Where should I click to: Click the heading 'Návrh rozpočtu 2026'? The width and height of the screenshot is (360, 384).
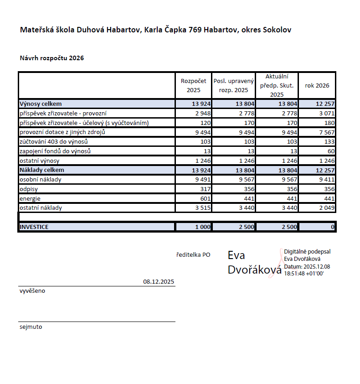pyautogui.click(x=51, y=58)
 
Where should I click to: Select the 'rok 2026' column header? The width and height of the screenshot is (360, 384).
pyautogui.click(x=317, y=85)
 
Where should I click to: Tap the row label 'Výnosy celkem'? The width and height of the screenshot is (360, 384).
pyautogui.click(x=40, y=104)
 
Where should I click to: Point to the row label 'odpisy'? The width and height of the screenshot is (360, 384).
pyautogui.click(x=28, y=189)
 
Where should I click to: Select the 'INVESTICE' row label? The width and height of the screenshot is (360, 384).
pyautogui.click(x=34, y=227)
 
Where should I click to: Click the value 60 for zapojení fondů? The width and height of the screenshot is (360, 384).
pyautogui.click(x=330, y=151)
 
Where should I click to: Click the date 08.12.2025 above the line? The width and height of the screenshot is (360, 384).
pyautogui.click(x=159, y=282)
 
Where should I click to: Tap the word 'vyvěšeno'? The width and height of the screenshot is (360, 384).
pyautogui.click(x=32, y=291)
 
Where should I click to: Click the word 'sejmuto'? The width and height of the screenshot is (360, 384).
pyautogui.click(x=31, y=327)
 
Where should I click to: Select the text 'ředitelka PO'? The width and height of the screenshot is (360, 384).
pyautogui.click(x=193, y=255)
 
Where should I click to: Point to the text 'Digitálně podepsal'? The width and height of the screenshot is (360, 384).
pyautogui.click(x=307, y=252)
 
